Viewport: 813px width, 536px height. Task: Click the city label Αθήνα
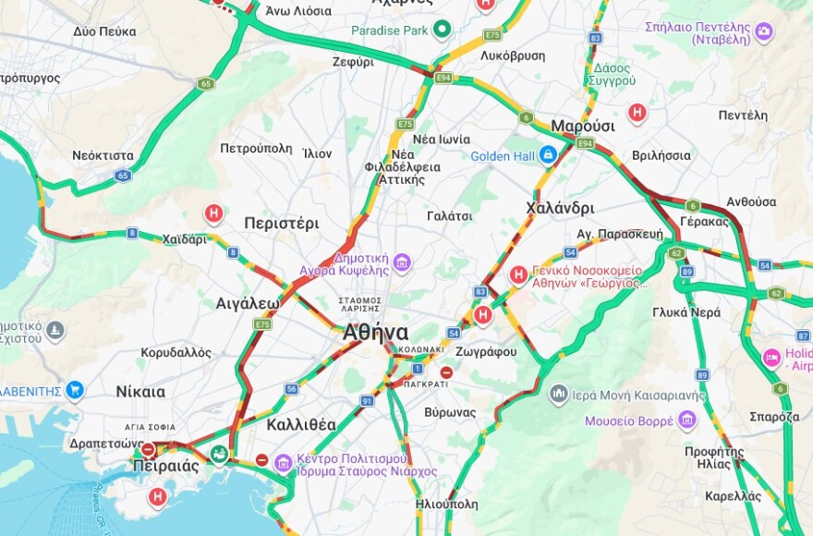point(375,333)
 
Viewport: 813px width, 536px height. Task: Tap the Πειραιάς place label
point(165,466)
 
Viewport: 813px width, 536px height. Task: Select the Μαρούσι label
point(583,126)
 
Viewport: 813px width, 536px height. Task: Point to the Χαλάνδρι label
point(560,207)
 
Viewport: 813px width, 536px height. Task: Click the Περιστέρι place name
point(282,223)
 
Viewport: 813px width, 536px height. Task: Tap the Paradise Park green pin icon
point(442,30)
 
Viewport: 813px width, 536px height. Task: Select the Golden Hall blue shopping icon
point(548,155)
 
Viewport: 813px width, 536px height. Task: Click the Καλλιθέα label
point(301,425)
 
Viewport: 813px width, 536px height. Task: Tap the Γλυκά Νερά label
point(686,312)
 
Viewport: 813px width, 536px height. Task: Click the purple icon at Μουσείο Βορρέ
point(686,421)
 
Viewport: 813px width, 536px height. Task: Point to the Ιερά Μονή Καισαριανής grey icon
point(558,395)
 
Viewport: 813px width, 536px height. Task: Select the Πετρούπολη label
point(256,148)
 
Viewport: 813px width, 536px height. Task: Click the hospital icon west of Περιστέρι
point(213,214)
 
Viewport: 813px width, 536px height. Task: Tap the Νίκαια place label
point(140,391)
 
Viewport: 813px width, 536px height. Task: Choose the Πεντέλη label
point(743,116)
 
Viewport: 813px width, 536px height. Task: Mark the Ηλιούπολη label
point(447,505)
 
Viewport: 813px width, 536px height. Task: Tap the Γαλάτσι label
point(450,215)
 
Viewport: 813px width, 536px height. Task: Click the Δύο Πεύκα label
point(99,31)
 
